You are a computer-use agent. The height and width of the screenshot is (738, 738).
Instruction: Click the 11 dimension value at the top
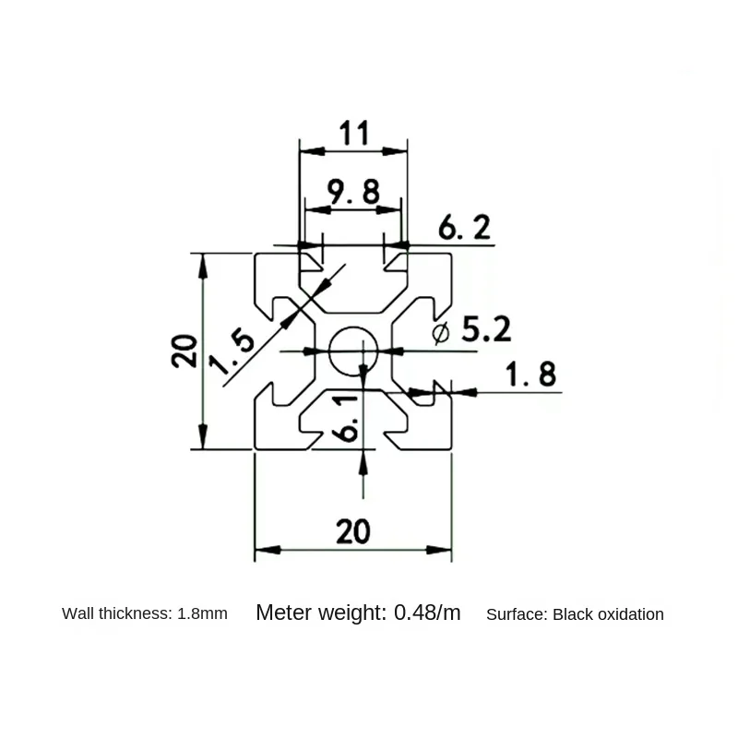(x=353, y=133)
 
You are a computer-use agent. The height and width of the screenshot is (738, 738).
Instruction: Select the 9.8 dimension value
(x=353, y=192)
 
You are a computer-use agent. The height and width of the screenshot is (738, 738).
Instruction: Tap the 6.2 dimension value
(x=465, y=227)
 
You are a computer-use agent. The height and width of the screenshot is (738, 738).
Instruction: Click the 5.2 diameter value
(x=486, y=329)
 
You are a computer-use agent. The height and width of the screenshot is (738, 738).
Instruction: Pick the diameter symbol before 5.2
(x=441, y=334)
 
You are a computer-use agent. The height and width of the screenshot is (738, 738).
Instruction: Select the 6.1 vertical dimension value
(x=348, y=418)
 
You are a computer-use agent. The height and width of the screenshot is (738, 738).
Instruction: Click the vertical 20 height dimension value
(x=184, y=351)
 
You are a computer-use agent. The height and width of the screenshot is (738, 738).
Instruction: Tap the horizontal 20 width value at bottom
(x=353, y=531)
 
